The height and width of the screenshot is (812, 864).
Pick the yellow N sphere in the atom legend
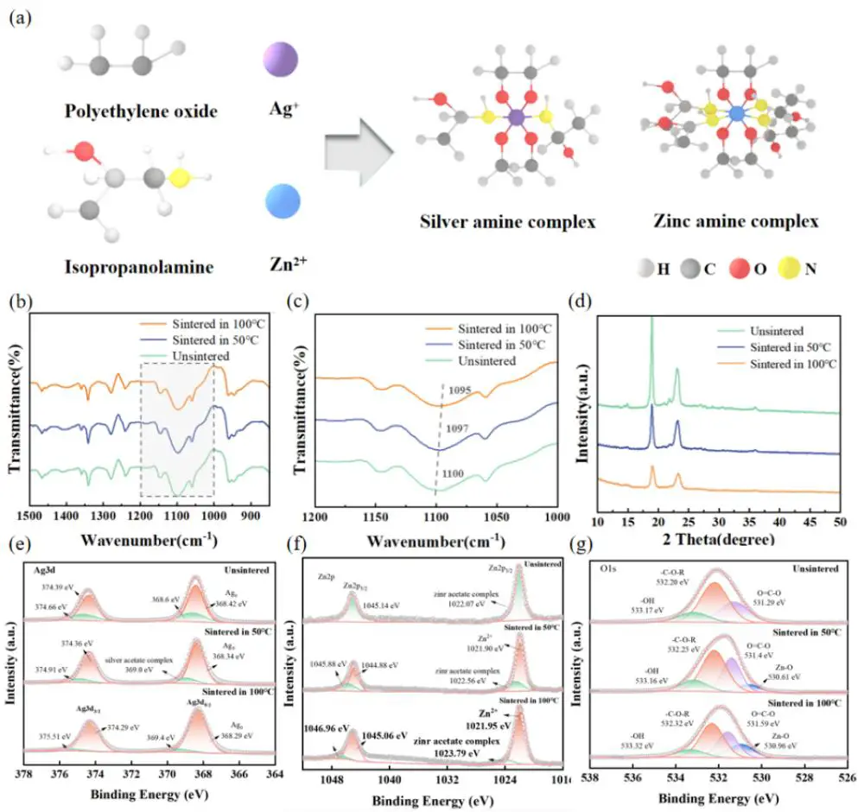[x=783, y=270]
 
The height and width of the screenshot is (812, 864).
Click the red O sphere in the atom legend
[x=738, y=270]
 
